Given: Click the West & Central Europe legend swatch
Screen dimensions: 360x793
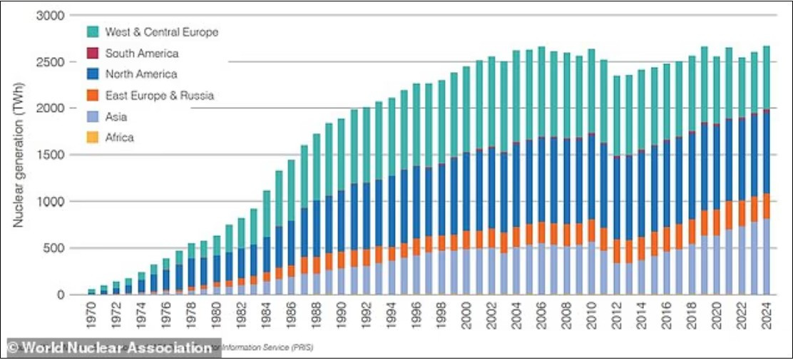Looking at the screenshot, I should (x=92, y=32).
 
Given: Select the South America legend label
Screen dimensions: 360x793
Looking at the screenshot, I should (x=142, y=53).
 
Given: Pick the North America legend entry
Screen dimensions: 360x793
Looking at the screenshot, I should (x=141, y=74).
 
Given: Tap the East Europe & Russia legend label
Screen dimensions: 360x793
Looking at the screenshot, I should (x=160, y=96).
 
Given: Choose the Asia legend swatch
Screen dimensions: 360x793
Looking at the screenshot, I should (x=92, y=117).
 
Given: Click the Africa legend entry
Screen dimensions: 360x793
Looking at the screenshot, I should (x=120, y=138).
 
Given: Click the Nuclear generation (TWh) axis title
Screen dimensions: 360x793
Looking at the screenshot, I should (x=19, y=155).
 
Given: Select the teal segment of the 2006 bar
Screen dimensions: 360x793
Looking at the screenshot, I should (x=541, y=93).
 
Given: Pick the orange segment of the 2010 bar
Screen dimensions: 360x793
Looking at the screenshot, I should (x=590, y=230).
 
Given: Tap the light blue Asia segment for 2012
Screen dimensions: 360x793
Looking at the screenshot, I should (x=615, y=279).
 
